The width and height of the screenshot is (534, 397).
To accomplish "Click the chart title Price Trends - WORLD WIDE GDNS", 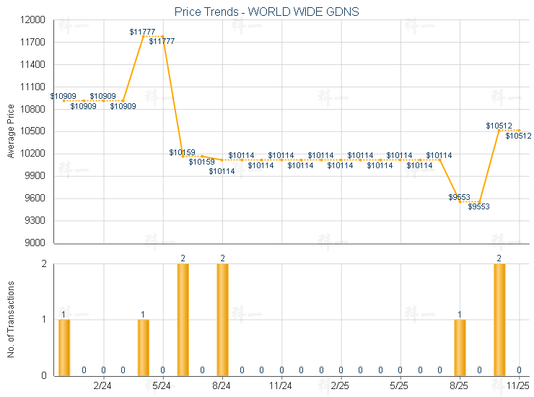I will click(267, 12).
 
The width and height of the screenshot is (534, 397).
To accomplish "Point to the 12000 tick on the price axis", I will click(33, 20).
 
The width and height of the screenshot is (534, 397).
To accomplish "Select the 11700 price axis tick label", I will click(33, 43).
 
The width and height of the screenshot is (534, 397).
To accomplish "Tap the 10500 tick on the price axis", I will click(33, 131).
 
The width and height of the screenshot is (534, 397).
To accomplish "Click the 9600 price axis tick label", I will click(35, 198).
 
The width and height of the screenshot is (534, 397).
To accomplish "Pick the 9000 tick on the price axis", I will click(35, 243).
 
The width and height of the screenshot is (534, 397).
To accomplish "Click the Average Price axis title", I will click(10, 131).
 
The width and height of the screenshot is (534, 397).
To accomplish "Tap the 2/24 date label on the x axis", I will click(103, 387).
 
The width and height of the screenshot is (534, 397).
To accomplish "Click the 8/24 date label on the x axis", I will click(222, 387).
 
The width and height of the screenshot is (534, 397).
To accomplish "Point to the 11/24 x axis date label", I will click(281, 387).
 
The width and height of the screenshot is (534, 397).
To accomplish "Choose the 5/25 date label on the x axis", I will click(400, 387).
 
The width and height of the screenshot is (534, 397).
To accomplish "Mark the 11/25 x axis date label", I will click(518, 387).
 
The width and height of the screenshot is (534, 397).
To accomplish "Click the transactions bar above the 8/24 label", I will click(222, 320).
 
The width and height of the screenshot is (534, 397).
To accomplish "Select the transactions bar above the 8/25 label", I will click(460, 347).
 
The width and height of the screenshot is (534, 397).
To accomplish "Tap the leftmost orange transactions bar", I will click(64, 347).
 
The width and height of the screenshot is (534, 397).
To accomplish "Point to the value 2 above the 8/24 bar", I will click(222, 258).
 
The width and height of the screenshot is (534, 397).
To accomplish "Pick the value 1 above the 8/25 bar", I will click(460, 314).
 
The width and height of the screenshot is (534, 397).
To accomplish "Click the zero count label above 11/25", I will click(519, 370).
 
